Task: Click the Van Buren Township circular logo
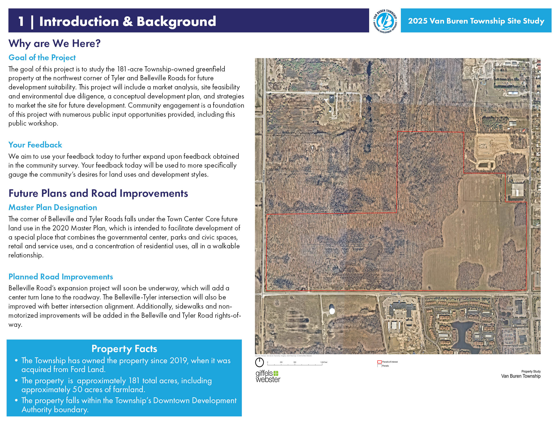[385, 21]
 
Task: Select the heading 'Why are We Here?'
[54, 43]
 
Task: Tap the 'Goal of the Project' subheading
[42, 57]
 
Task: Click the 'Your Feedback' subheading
[35, 145]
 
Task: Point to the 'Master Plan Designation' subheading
[52, 207]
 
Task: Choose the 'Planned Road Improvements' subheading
[60, 277]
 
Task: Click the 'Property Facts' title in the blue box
[124, 349]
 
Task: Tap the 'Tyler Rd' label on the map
[396, 294]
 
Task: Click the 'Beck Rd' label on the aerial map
[264, 176]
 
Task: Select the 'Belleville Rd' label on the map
[530, 176]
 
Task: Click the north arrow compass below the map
[259, 363]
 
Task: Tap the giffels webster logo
[268, 376]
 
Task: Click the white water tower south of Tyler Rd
[332, 311]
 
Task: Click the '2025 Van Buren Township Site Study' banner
[476, 21]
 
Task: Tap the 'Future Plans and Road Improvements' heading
[98, 193]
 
